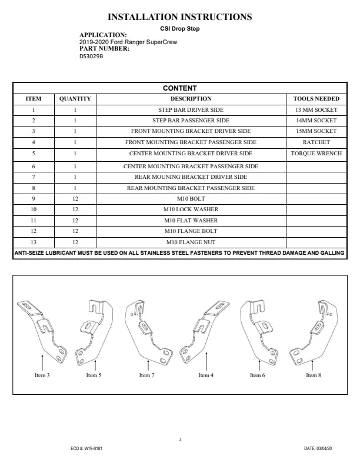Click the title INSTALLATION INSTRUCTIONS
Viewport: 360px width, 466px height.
tap(180, 17)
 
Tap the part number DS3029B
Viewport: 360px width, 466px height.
tap(91, 56)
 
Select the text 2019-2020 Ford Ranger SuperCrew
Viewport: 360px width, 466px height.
tap(128, 42)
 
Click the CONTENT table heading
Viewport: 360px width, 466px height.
tap(180, 88)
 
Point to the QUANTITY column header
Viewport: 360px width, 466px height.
tap(75, 99)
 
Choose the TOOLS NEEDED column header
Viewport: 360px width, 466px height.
tap(316, 99)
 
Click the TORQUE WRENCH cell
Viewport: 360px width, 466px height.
tap(316, 154)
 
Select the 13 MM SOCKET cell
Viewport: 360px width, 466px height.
tap(316, 110)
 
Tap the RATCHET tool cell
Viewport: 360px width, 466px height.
tap(316, 142)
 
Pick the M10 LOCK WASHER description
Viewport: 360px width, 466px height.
tap(191, 209)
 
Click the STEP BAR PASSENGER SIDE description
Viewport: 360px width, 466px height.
tap(191, 121)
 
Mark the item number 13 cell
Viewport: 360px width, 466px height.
tap(34, 242)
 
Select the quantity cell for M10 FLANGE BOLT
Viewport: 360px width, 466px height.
tap(75, 231)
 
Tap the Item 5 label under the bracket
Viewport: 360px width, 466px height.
tap(94, 375)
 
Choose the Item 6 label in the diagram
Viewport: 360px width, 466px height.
tap(256, 375)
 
